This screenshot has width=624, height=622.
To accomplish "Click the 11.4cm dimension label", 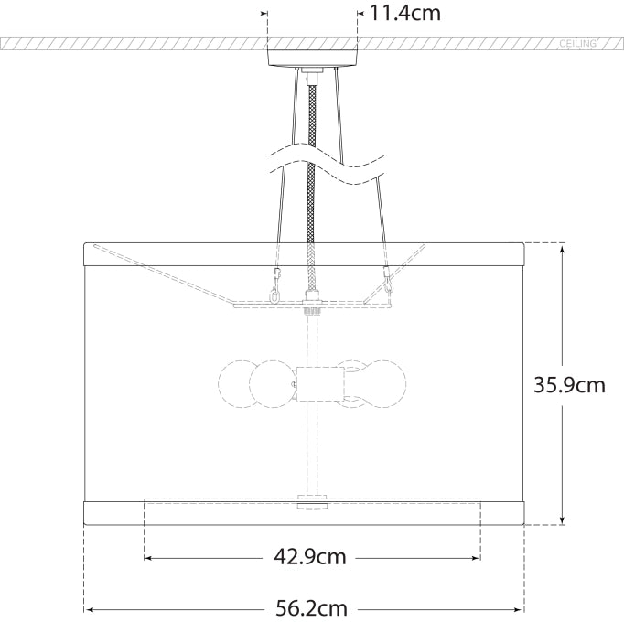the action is (405, 13).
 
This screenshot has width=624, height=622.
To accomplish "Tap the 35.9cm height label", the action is (569, 385).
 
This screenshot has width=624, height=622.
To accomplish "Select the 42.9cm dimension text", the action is (310, 557).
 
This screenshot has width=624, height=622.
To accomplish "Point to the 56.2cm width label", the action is (312, 608).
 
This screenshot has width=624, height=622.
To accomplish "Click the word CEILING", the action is (578, 43).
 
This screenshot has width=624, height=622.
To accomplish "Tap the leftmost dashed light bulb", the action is (237, 384).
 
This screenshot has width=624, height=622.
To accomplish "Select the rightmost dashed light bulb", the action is (385, 384).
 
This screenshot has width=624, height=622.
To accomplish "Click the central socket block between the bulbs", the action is (320, 384).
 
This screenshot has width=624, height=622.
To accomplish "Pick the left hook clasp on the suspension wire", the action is (275, 285).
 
